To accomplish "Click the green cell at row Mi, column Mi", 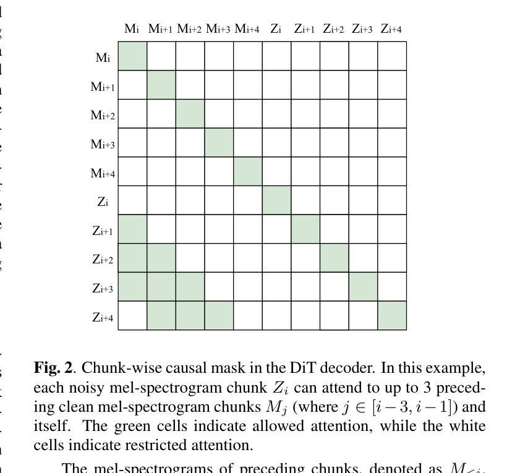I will click(132, 56).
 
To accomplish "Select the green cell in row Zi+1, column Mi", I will click(132, 229).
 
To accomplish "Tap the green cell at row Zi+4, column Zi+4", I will click(392, 316).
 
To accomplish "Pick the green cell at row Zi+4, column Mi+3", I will click(219, 316).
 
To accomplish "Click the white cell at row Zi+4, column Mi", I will click(132, 316).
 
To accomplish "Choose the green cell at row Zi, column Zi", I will click(276, 200).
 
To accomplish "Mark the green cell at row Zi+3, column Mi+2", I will click(190, 287).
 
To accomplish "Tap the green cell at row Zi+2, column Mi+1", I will click(161, 258).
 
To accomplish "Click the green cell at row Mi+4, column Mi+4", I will click(248, 171).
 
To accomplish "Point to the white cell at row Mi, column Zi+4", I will click(392, 56).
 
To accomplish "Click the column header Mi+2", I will click(190, 29).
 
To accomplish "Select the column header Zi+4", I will click(391, 29).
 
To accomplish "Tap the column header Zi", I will click(276, 29).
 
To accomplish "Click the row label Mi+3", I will click(103, 145).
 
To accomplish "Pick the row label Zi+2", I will click(103, 260).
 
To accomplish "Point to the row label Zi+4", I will click(103, 318).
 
